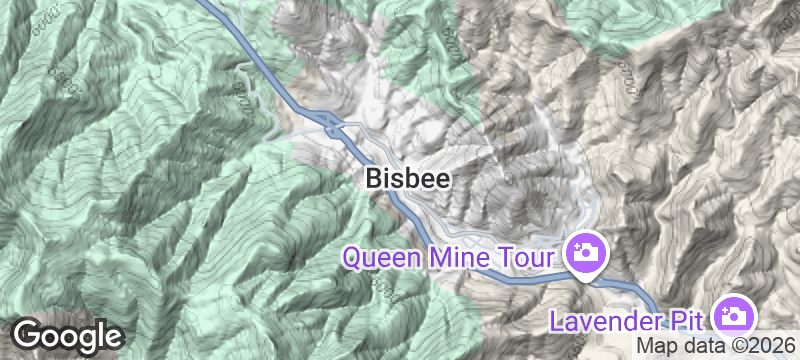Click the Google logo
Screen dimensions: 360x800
[x=68, y=335]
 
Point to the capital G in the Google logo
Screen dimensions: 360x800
[x=28, y=334]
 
